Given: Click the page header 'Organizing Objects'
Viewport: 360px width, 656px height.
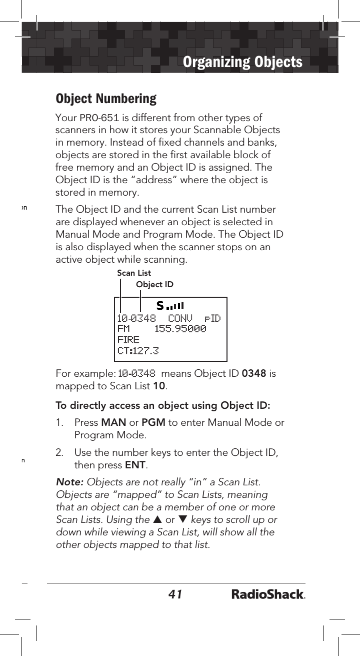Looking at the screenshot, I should point(242,62).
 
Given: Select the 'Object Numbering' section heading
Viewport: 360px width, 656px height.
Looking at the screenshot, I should point(106,99).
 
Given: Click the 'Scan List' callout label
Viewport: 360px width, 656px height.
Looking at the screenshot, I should point(133,273).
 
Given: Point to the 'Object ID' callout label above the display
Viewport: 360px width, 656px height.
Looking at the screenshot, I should point(154,285).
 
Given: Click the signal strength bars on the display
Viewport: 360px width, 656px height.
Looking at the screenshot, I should point(174,305).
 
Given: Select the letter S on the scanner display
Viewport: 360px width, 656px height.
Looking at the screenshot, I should point(160,305).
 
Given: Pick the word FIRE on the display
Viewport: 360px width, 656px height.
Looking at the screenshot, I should point(128,340).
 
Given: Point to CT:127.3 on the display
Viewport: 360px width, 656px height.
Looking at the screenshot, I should point(138,351).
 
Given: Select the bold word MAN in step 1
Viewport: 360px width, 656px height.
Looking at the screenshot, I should point(109,423).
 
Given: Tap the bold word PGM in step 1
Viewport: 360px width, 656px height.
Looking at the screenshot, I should point(153,423).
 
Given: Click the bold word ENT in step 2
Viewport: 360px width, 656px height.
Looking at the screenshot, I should point(135,465).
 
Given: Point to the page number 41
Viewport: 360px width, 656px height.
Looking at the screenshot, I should point(175,594).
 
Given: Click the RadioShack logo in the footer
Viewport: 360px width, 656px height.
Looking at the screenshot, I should point(268,594).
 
